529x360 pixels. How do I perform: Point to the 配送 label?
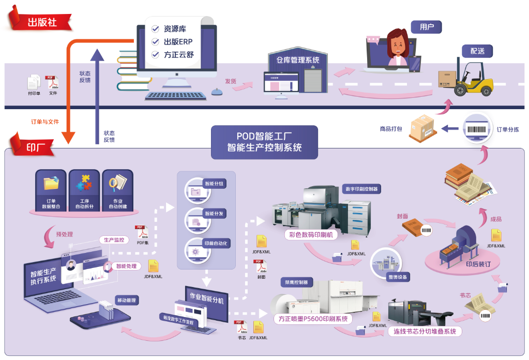pos(477,51)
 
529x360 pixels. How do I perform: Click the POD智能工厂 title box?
pos(264,142)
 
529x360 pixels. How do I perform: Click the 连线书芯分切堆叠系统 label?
pos(425,331)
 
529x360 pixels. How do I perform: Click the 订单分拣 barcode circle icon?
pos(477,129)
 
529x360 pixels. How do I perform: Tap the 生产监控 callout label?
pos(114,240)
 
